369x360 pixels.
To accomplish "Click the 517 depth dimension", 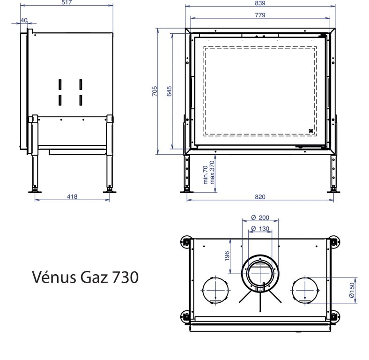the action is (x=66, y=2).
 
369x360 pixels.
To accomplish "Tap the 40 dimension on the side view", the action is (x=24, y=20).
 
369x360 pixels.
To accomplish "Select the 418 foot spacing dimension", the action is (x=72, y=196).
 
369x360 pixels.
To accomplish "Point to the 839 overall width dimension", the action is (x=260, y=3).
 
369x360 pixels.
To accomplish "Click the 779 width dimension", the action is (x=260, y=15).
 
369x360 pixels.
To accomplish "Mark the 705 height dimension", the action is (x=155, y=91).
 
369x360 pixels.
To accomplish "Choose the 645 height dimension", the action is (x=169, y=91).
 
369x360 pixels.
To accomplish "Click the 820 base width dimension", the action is (x=260, y=197).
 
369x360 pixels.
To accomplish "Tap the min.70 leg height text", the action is (x=205, y=175).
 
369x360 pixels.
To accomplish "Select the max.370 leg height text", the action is (x=212, y=172).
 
